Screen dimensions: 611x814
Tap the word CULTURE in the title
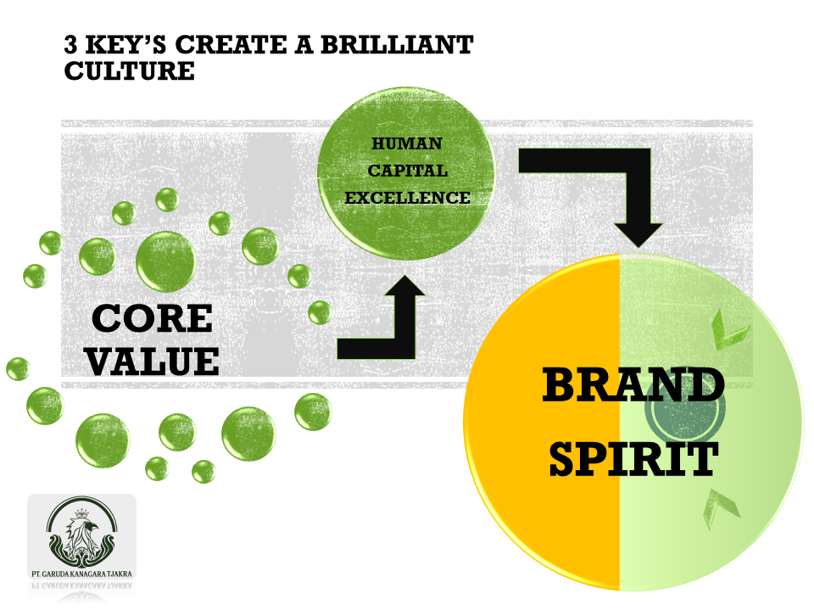[x=129, y=71]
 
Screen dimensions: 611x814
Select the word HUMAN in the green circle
[x=406, y=144]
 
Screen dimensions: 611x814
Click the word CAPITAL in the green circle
[x=406, y=171]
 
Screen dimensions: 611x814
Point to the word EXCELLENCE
[x=407, y=198]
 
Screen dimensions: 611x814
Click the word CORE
[x=153, y=318]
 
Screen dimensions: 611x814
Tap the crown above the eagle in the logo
[x=82, y=513]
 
